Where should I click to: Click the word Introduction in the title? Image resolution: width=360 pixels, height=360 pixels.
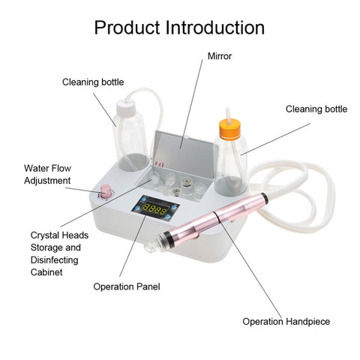[x=216, y=28]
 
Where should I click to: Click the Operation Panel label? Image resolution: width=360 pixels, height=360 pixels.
[x=127, y=286]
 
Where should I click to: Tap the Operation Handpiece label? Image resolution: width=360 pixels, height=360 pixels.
[x=286, y=322]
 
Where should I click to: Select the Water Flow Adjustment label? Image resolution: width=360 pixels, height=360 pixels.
[x=47, y=174]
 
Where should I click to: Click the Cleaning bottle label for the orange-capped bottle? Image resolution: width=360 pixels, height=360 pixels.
[x=316, y=109]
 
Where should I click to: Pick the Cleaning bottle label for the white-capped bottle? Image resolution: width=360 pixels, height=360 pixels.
[x=93, y=82]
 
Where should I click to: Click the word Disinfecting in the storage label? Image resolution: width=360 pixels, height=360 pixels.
[x=53, y=259]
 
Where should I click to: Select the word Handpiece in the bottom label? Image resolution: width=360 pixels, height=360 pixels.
[x=308, y=322]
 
